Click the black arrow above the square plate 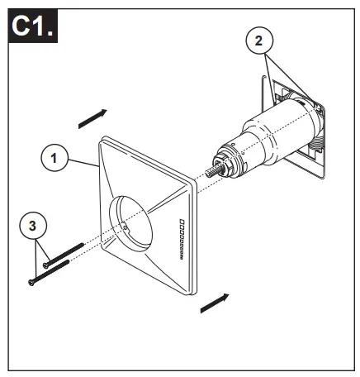coord(92,118)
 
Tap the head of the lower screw coord(31,284)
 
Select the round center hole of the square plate coord(136,217)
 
